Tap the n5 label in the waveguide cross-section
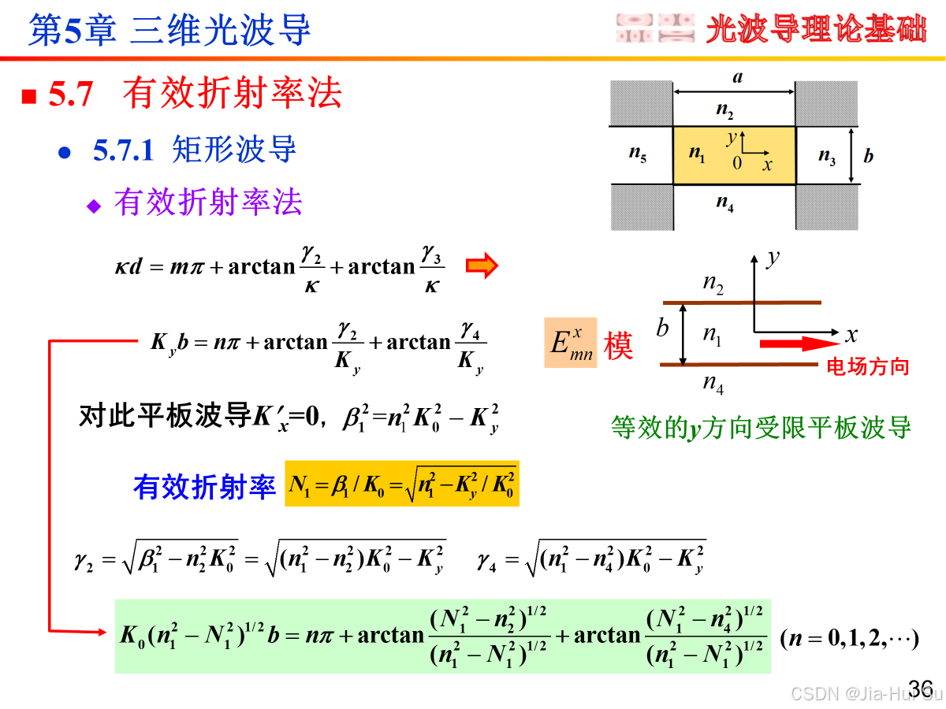[638, 154]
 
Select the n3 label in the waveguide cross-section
[827, 155]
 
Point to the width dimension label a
[737, 77]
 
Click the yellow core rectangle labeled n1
[734, 154]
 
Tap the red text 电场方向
[867, 366]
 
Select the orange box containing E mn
[571, 343]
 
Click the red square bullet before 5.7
[29, 97]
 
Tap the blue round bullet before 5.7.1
[65, 152]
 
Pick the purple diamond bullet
[95, 206]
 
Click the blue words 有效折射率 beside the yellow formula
[204, 486]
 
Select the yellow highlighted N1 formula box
[402, 483]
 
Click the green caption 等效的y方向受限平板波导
[761, 428]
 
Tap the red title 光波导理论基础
[815, 30]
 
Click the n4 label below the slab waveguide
[713, 385]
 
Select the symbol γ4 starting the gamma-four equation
[486, 561]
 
